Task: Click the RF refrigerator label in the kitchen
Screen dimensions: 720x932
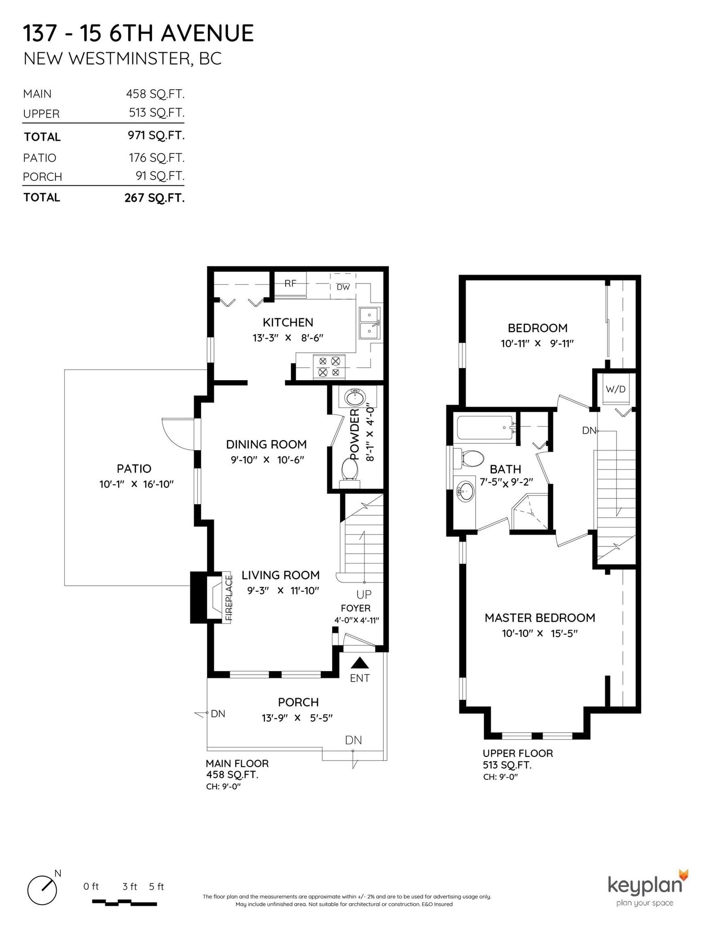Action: coord(290,284)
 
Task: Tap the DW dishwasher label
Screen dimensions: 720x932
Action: coord(343,287)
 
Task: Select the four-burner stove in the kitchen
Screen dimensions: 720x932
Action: coord(329,366)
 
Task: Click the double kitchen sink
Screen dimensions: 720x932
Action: coord(369,323)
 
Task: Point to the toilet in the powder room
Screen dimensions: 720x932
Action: coord(350,473)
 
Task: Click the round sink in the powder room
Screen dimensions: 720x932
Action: coord(355,397)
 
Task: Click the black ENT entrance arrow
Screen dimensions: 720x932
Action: coord(360,663)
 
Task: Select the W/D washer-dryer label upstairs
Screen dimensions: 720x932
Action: coord(616,389)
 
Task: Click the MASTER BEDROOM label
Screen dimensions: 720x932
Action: coord(540,617)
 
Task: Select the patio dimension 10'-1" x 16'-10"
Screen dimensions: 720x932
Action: coord(136,484)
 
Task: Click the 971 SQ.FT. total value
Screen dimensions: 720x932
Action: coord(156,135)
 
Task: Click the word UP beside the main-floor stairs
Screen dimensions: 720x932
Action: coord(364,594)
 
